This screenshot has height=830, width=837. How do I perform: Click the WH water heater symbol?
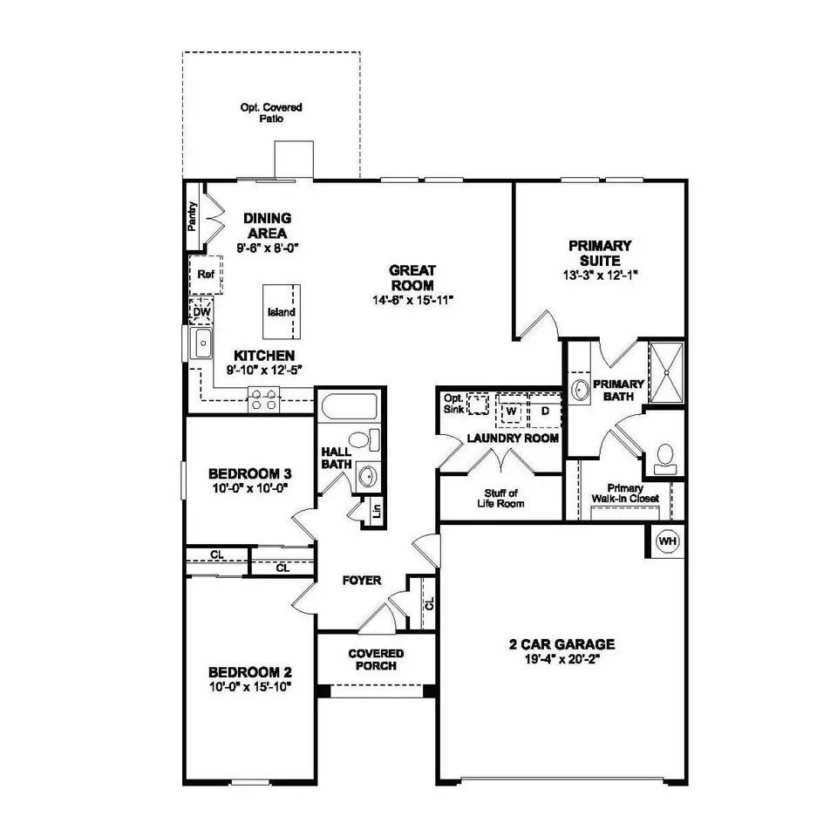(668, 541)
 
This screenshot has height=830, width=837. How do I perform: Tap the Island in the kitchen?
(282, 312)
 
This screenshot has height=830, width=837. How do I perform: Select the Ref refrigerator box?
(205, 275)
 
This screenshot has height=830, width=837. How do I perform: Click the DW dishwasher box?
(201, 310)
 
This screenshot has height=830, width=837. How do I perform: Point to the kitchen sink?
(202, 344)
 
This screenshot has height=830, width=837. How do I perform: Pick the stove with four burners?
(263, 400)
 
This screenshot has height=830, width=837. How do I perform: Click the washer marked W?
(512, 410)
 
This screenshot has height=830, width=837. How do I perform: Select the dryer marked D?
(543, 410)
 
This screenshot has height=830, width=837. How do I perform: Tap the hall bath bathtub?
(348, 408)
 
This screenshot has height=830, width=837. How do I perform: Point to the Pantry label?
(193, 215)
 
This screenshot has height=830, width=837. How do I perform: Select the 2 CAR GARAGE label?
(561, 645)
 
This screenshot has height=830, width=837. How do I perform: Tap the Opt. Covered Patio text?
(271, 112)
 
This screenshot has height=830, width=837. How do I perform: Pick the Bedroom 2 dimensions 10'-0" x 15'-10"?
(249, 687)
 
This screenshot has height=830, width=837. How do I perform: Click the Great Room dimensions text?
(412, 300)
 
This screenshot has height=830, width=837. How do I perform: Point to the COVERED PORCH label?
(375, 659)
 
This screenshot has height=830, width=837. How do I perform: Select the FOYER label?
(361, 581)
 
